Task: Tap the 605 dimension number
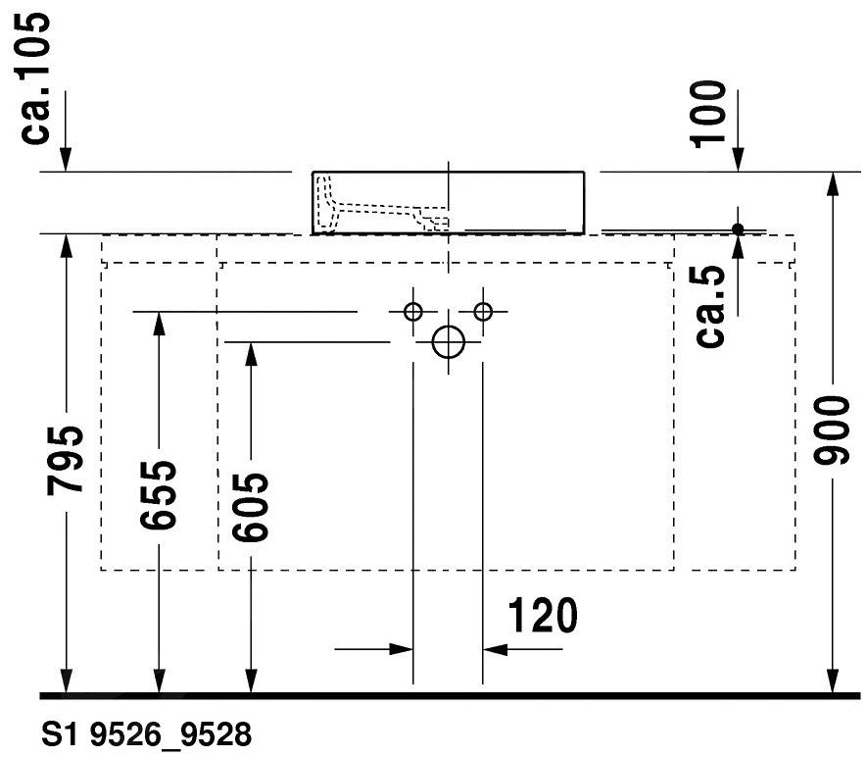pyautogui.click(x=251, y=507)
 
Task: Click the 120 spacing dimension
pyautogui.click(x=542, y=617)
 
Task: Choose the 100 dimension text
pyautogui.click(x=709, y=113)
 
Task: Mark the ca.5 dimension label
pyautogui.click(x=710, y=307)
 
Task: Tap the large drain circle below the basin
pyautogui.click(x=448, y=341)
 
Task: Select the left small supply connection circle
pyautogui.click(x=412, y=312)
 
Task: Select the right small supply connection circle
pyautogui.click(x=482, y=312)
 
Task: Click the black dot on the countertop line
pyautogui.click(x=739, y=229)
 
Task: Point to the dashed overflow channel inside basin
pyautogui.click(x=382, y=209)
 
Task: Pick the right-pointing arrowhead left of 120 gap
pyautogui.click(x=401, y=649)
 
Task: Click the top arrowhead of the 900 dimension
pyautogui.click(x=832, y=185)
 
